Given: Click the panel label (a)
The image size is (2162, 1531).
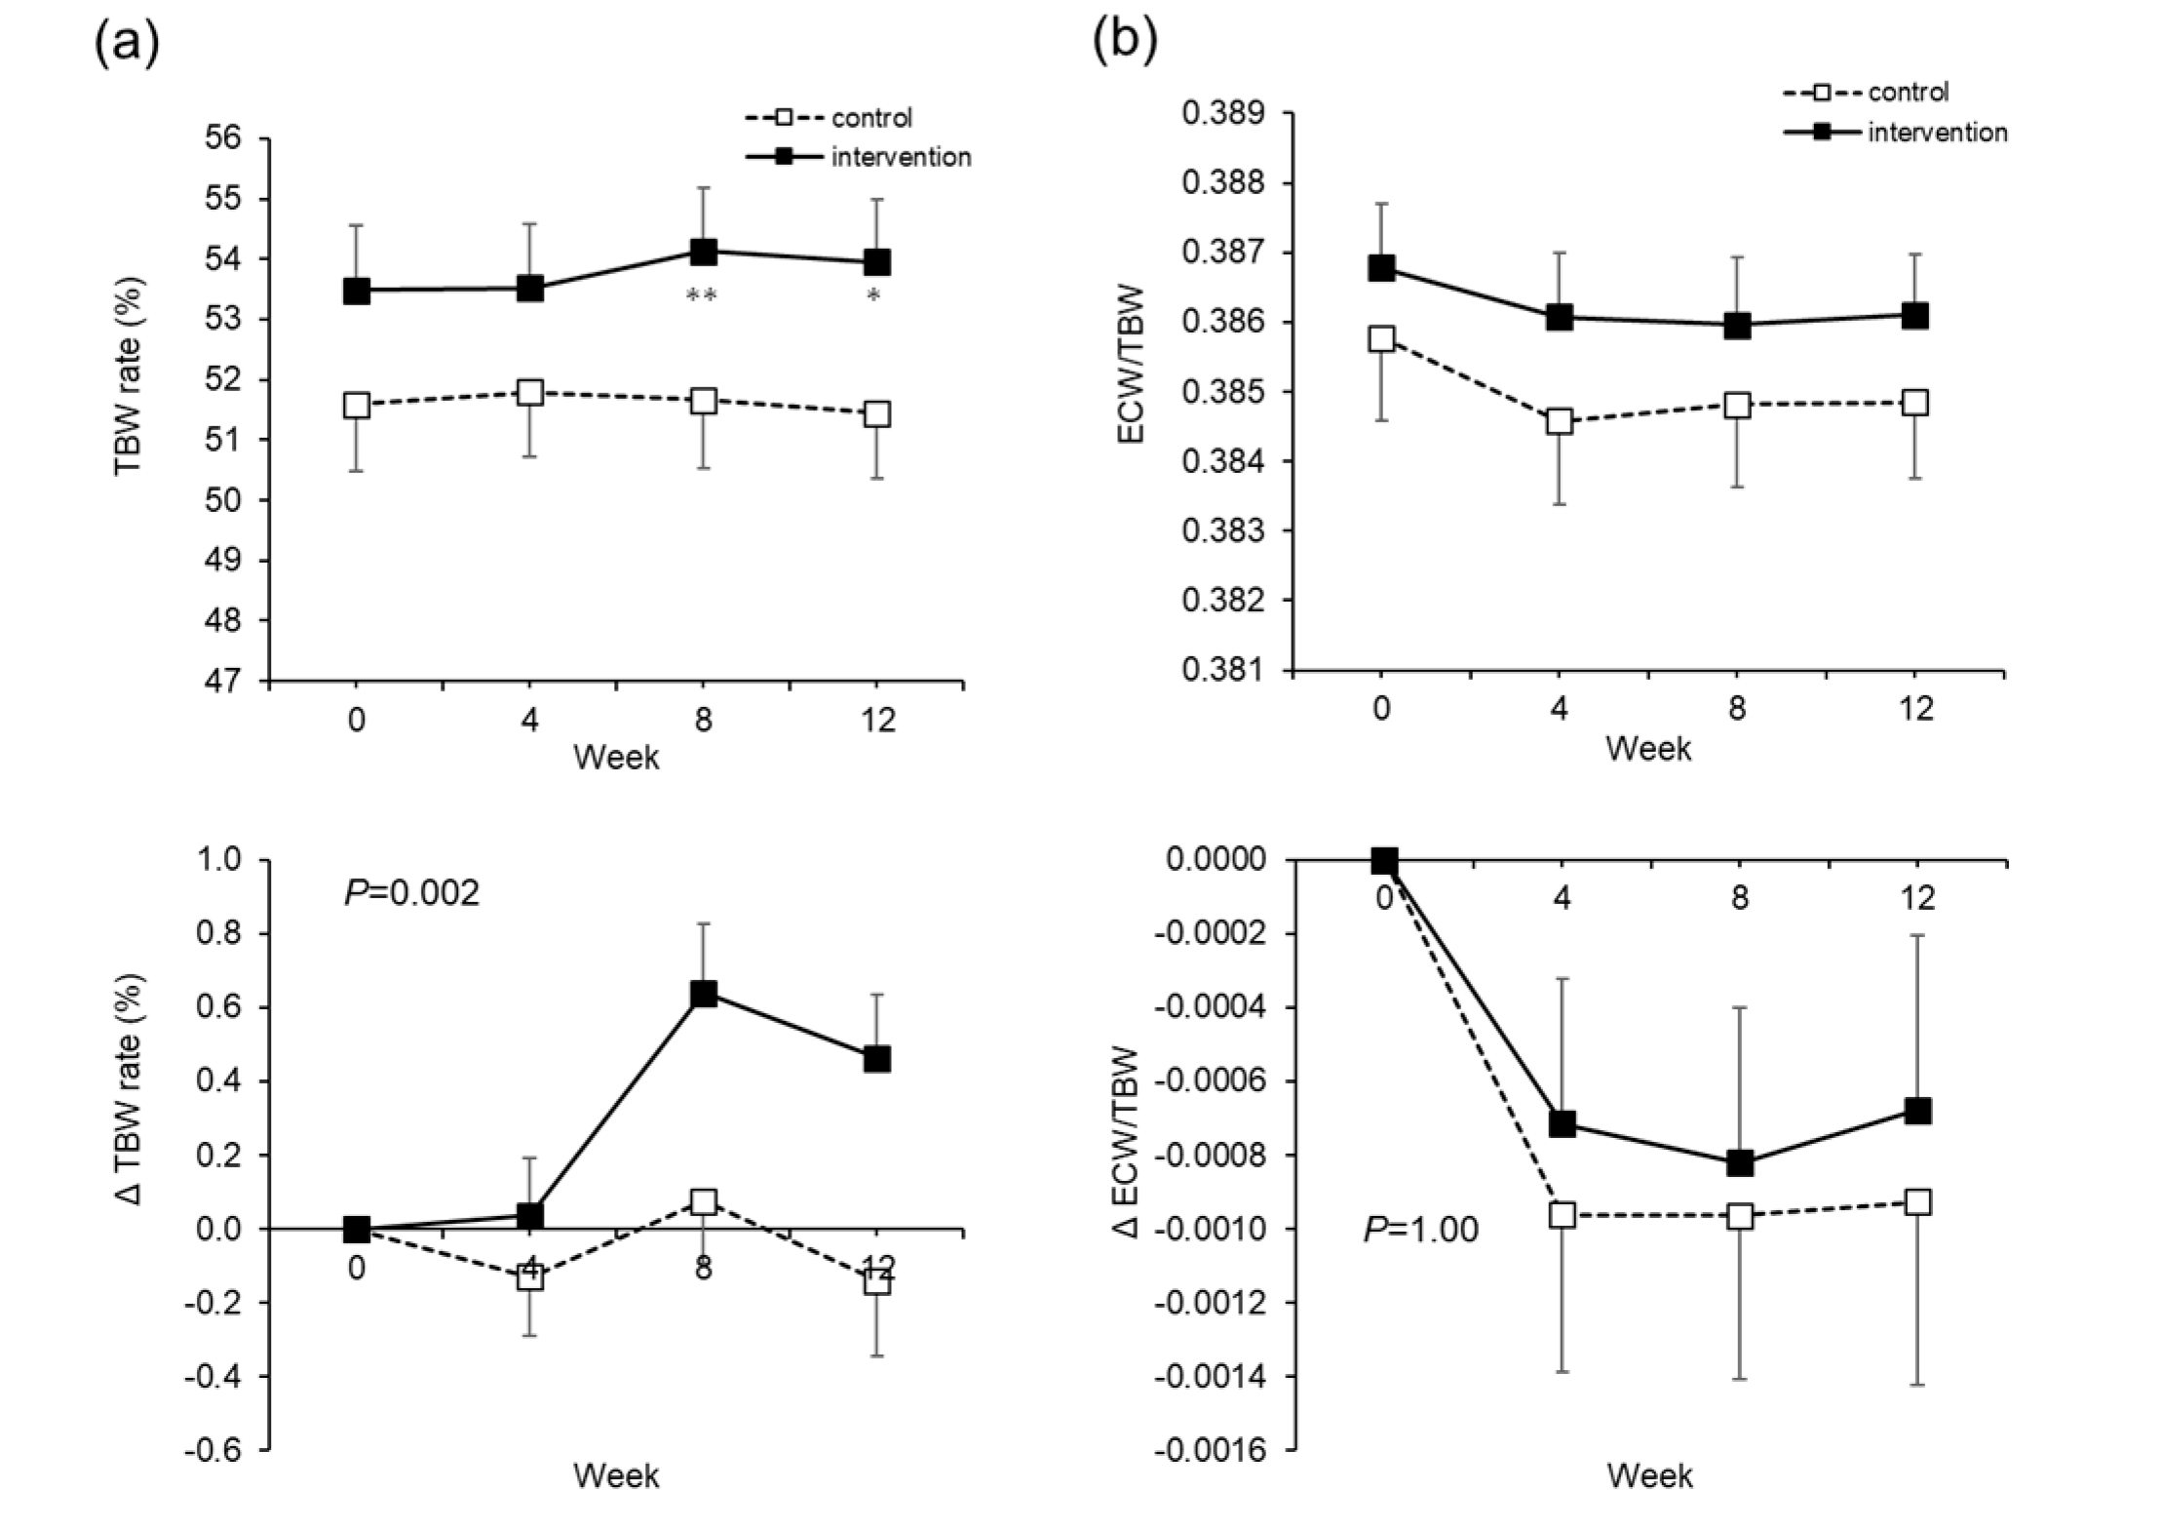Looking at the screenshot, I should click(127, 44).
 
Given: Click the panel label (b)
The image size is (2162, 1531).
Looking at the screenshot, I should click(1124, 42).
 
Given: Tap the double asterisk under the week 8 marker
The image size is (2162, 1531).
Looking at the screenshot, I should click(702, 295).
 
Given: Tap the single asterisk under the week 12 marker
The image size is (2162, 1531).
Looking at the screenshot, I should click(874, 295).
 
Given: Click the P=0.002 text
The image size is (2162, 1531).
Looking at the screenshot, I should click(412, 892).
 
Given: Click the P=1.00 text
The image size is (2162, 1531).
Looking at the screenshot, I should click(1420, 1230).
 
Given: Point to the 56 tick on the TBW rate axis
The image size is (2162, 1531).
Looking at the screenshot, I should click(223, 137).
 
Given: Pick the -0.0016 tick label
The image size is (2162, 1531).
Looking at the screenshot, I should click(1210, 1451).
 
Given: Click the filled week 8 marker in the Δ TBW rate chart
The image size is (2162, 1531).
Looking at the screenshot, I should click(703, 994).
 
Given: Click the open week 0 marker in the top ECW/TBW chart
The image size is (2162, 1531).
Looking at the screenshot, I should click(1381, 339).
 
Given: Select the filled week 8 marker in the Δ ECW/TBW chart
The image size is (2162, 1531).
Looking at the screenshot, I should click(1740, 1162).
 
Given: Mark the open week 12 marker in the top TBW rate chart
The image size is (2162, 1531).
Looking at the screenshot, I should click(876, 414).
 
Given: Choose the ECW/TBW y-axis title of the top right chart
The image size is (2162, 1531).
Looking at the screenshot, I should click(1133, 365).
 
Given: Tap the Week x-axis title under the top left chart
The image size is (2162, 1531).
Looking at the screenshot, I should click(616, 758).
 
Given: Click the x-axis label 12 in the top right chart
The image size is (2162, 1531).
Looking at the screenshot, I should click(1916, 708).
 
